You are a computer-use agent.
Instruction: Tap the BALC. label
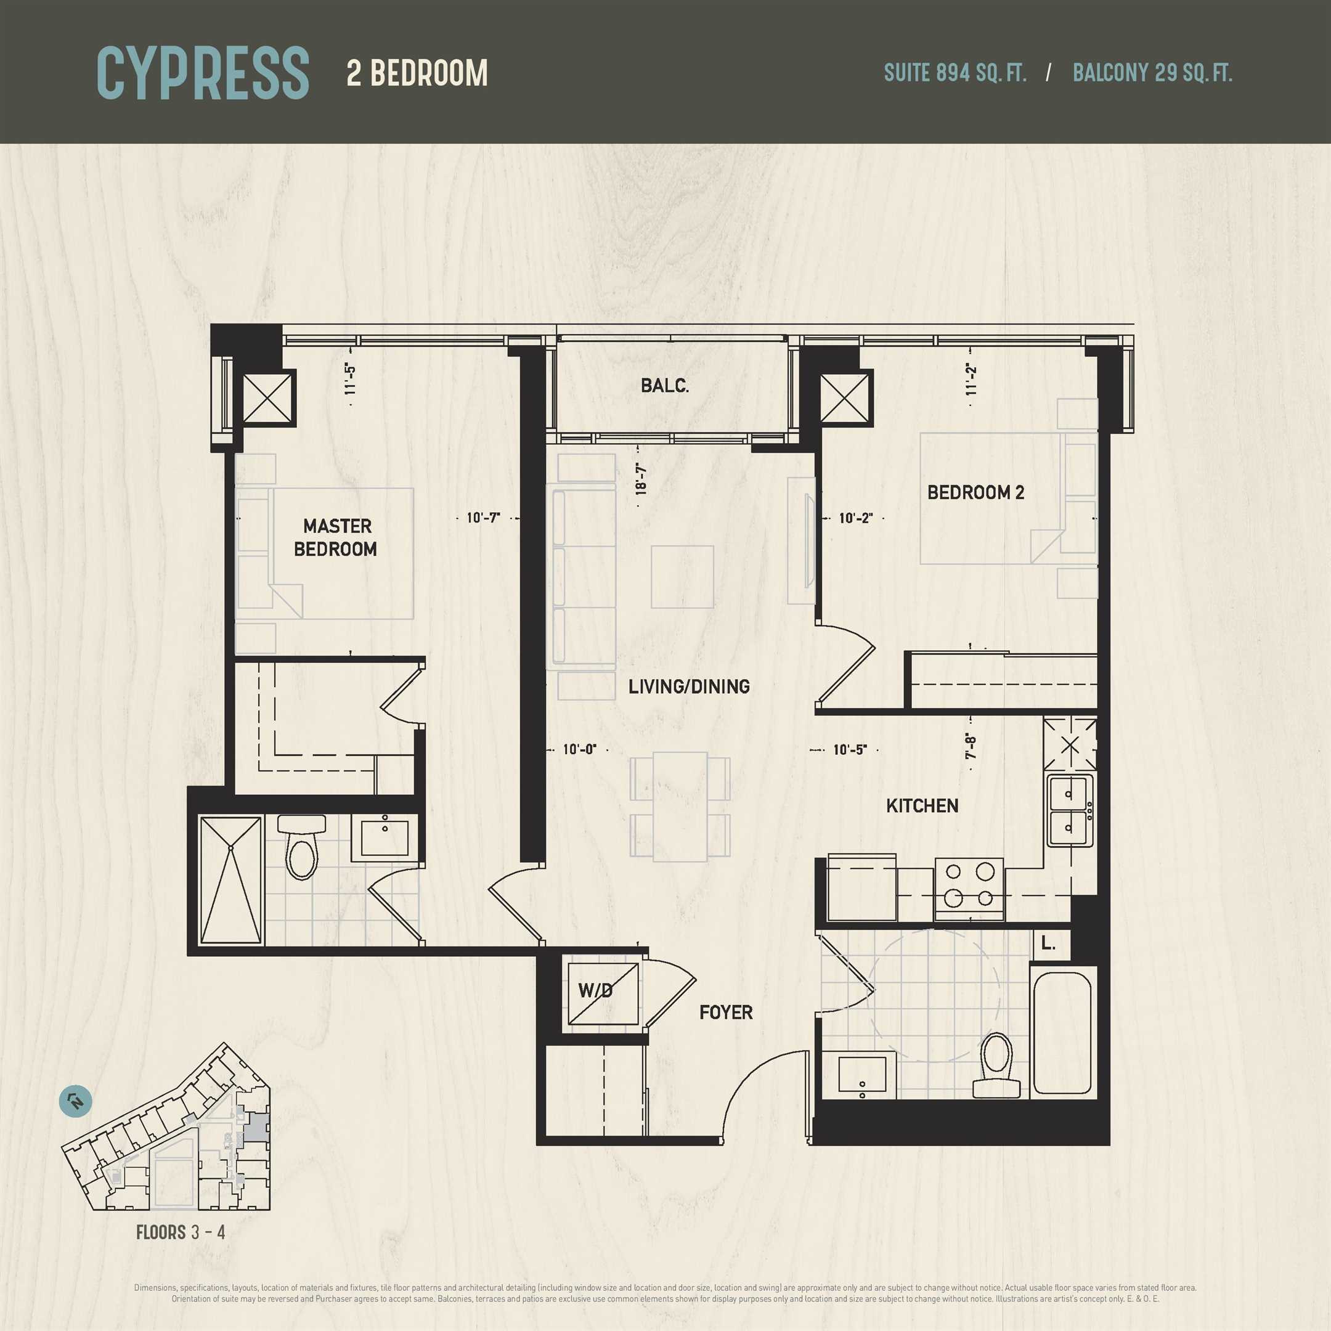pos(665,385)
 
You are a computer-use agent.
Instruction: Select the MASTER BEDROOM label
pos(336,537)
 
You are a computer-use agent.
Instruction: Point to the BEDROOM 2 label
pos(975,492)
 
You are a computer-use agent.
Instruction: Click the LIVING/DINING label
pos(689,686)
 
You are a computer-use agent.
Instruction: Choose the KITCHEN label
pos(922,805)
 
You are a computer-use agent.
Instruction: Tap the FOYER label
pos(725,1012)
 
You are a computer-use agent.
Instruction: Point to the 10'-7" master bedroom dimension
pos(483,518)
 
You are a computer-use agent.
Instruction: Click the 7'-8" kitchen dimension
pos(971,746)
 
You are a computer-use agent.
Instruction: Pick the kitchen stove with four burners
pos(969,889)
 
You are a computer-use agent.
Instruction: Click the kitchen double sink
pos(1070,810)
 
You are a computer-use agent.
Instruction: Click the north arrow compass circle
pos(76,1102)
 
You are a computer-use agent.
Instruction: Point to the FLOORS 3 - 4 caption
pos(181,1232)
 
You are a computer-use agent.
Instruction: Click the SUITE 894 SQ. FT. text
pos(955,73)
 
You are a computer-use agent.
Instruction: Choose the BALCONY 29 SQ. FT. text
pos(1152,73)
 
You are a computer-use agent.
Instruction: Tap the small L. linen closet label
pos(1048,943)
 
